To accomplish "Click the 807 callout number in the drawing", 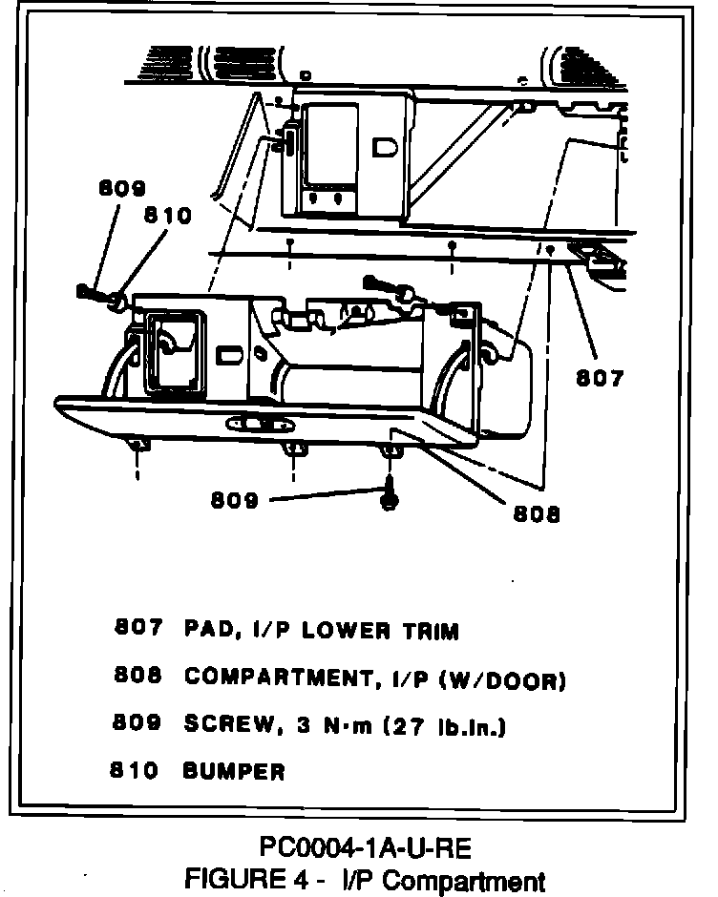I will pyautogui.click(x=599, y=378).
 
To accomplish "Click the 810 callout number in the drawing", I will pyautogui.click(x=167, y=216).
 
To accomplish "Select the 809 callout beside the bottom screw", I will pyautogui.click(x=234, y=499).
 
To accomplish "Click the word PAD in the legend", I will pyautogui.click(x=205, y=631).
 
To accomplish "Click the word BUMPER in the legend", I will pyautogui.click(x=234, y=771).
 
